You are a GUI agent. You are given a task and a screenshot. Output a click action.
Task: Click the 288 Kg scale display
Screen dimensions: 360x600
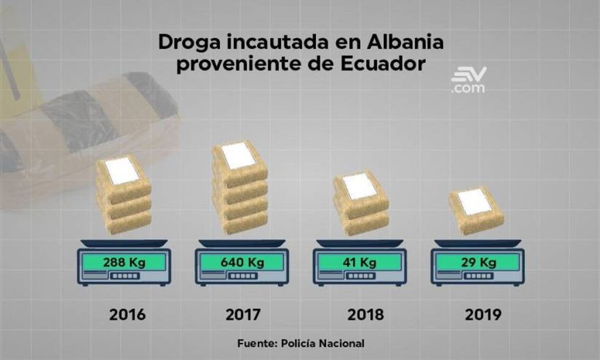124,262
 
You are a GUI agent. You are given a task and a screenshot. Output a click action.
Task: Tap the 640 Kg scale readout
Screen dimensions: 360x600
242,262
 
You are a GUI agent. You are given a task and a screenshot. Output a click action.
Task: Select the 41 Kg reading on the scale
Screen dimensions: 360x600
359,262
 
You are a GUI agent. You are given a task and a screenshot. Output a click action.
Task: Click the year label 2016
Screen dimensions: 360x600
128,315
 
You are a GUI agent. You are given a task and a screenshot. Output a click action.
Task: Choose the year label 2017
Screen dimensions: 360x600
242,315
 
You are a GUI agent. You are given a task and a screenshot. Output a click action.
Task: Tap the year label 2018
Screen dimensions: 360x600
366,315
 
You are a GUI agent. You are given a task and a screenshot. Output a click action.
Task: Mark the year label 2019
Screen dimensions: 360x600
482,315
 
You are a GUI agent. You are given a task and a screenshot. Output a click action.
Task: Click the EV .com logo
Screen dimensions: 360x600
468,80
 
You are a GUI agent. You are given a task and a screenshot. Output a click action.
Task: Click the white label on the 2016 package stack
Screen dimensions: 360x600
122,169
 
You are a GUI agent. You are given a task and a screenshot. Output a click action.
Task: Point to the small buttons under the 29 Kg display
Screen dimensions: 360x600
478,277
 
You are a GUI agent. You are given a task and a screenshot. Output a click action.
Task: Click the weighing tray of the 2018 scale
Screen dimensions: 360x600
360,242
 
